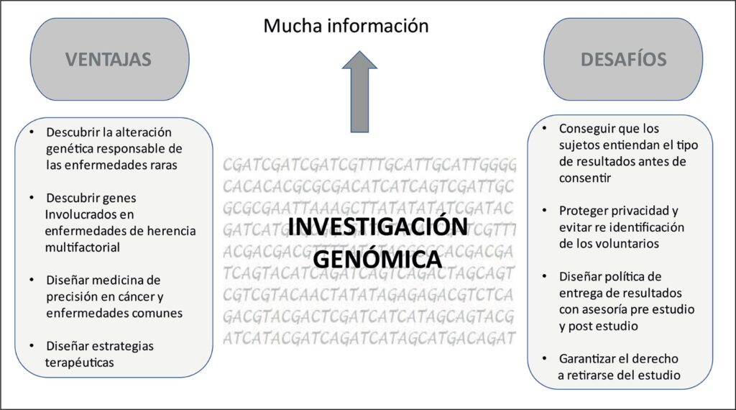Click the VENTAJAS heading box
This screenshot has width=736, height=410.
click(x=109, y=59)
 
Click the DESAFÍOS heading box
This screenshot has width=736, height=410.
click(x=623, y=59)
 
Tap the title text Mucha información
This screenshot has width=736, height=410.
click(x=346, y=27)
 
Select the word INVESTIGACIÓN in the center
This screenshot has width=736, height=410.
click(x=377, y=226)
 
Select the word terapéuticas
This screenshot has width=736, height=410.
click(x=79, y=363)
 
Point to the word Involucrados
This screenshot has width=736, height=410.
click(x=80, y=214)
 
